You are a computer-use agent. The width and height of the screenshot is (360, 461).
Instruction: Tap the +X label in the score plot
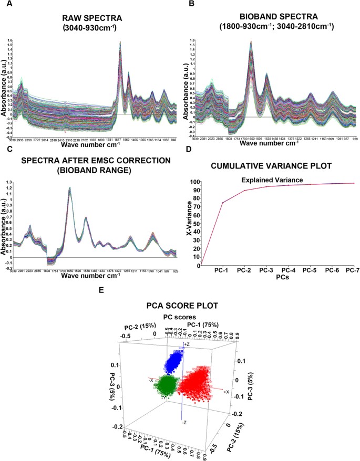pos(227,392)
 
